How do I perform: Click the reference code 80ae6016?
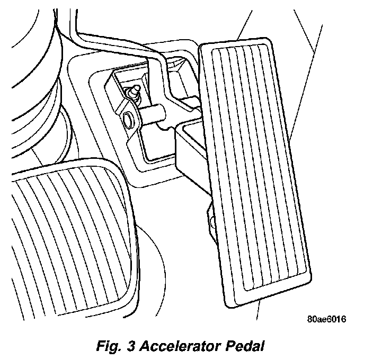(326, 320)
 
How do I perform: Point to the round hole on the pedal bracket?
(128, 119)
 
